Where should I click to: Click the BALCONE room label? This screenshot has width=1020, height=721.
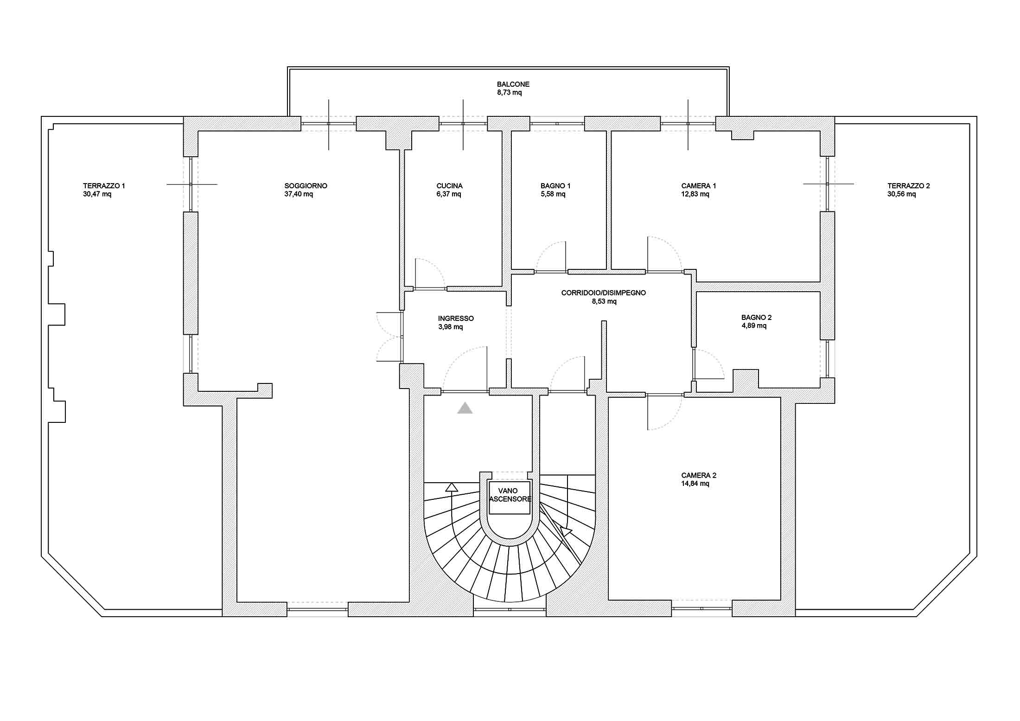(513, 84)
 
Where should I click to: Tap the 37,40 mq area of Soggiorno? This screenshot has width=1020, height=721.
(299, 194)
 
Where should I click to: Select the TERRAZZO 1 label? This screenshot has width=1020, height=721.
(104, 186)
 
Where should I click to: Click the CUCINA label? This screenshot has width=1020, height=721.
(449, 186)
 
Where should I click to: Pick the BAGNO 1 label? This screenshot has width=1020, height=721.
(555, 186)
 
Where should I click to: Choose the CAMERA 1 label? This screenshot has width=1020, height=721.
(698, 186)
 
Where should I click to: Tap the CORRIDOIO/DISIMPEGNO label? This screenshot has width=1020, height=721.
(603, 293)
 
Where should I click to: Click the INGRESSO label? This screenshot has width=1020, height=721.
(456, 319)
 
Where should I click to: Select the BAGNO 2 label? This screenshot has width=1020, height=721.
(756, 318)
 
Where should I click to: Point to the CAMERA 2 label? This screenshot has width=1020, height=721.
(699, 475)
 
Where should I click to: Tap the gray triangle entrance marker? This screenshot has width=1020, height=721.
(465, 408)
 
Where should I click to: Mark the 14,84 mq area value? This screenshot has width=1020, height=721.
(695, 484)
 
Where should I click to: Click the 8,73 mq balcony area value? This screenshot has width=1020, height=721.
(509, 93)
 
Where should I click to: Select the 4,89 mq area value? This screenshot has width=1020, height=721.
(754, 326)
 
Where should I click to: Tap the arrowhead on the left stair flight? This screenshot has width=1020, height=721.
(451, 487)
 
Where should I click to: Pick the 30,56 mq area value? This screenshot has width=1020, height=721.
(901, 194)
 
